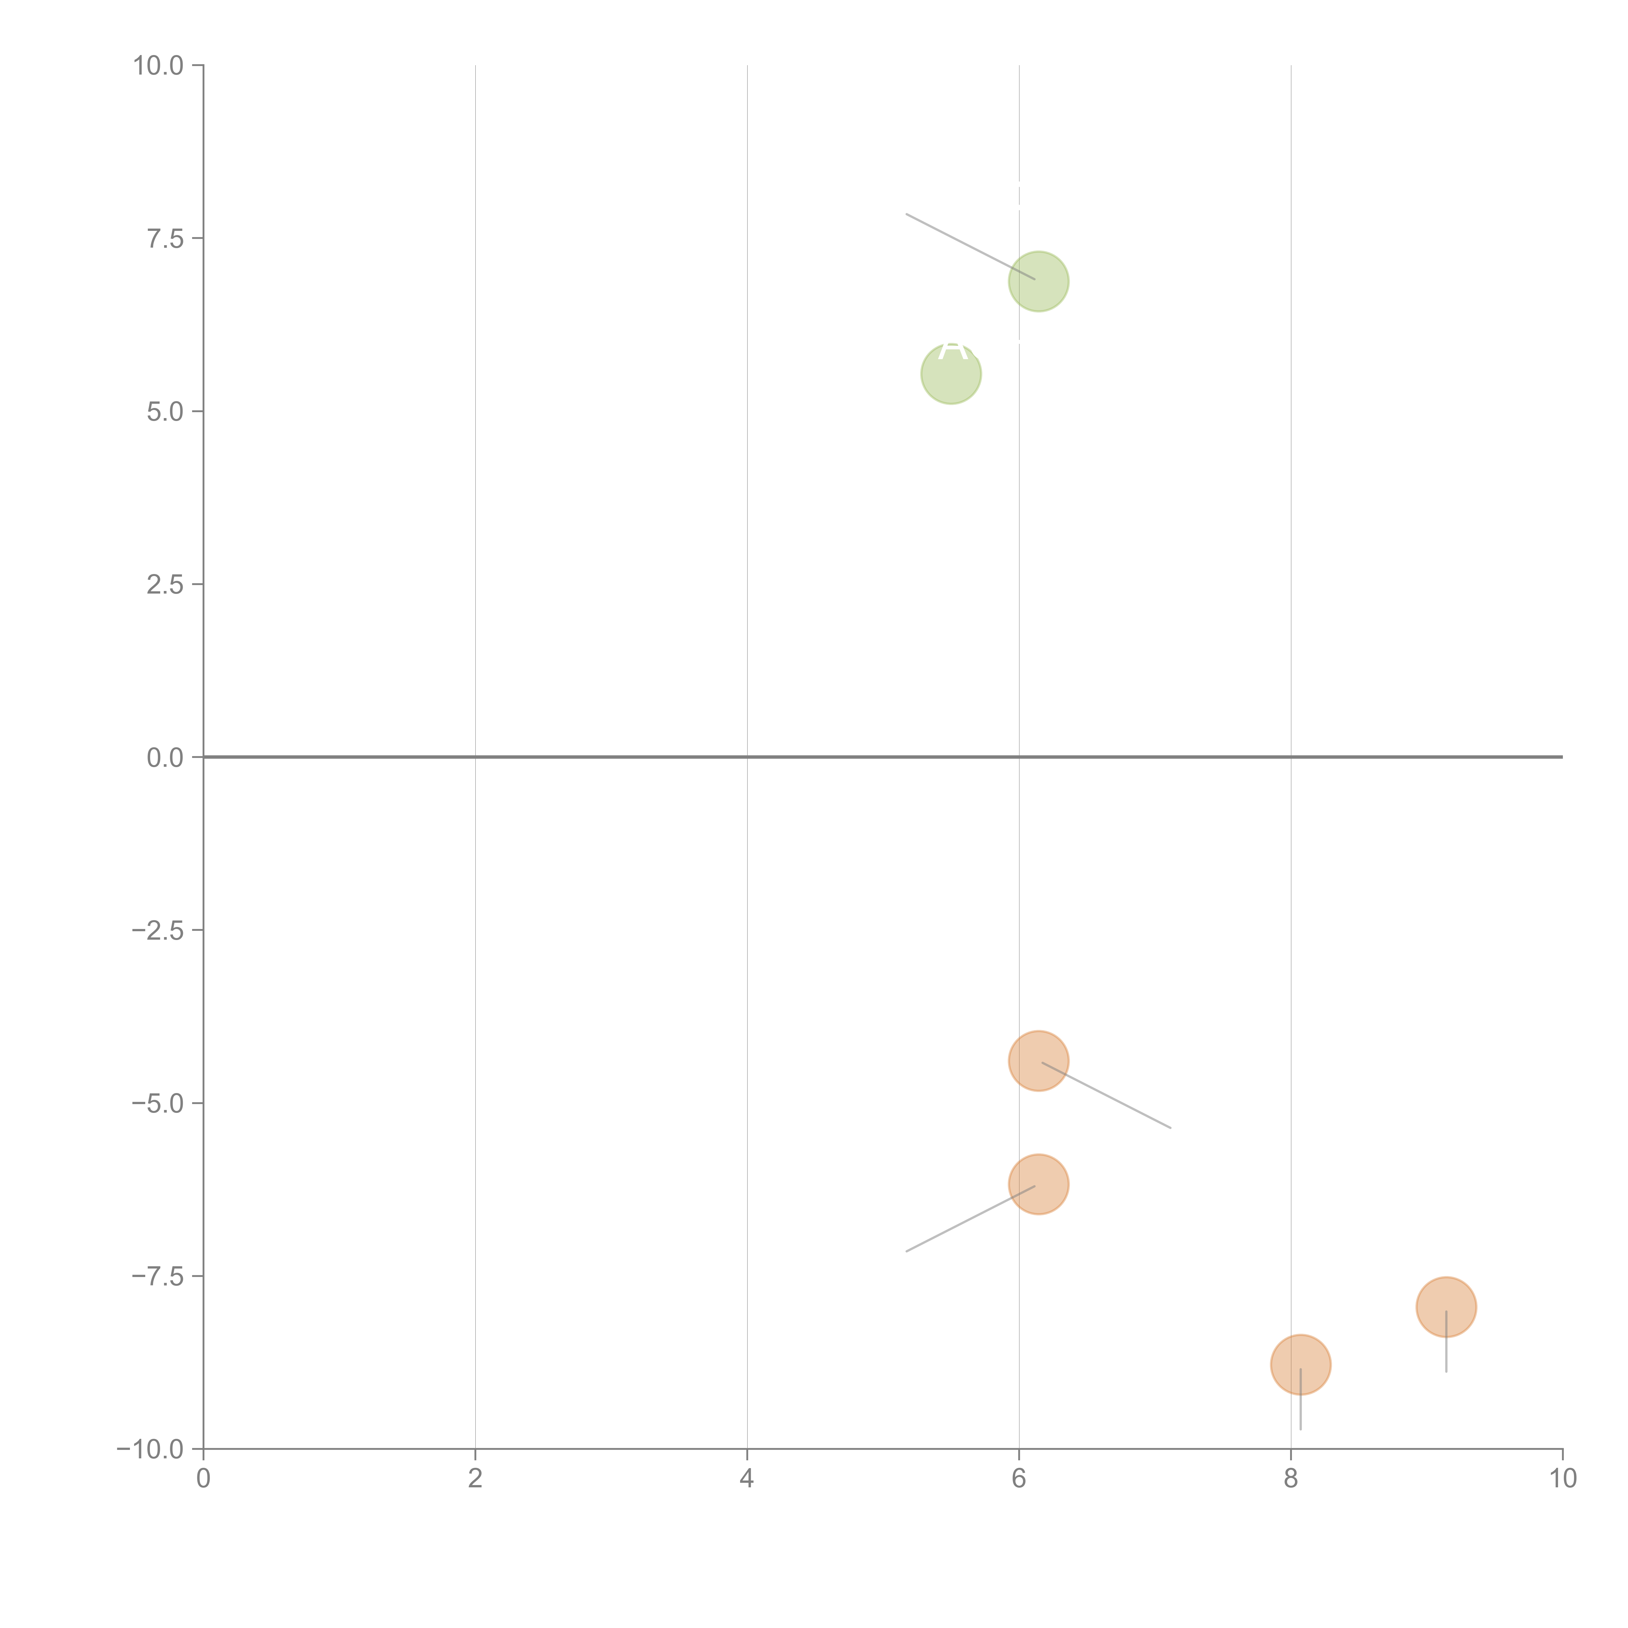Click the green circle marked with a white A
pos(950,374)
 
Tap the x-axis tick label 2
pos(475,1479)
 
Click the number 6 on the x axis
pos(1019,1479)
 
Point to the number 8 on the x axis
pos(1291,1479)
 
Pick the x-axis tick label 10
pos(1562,1479)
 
